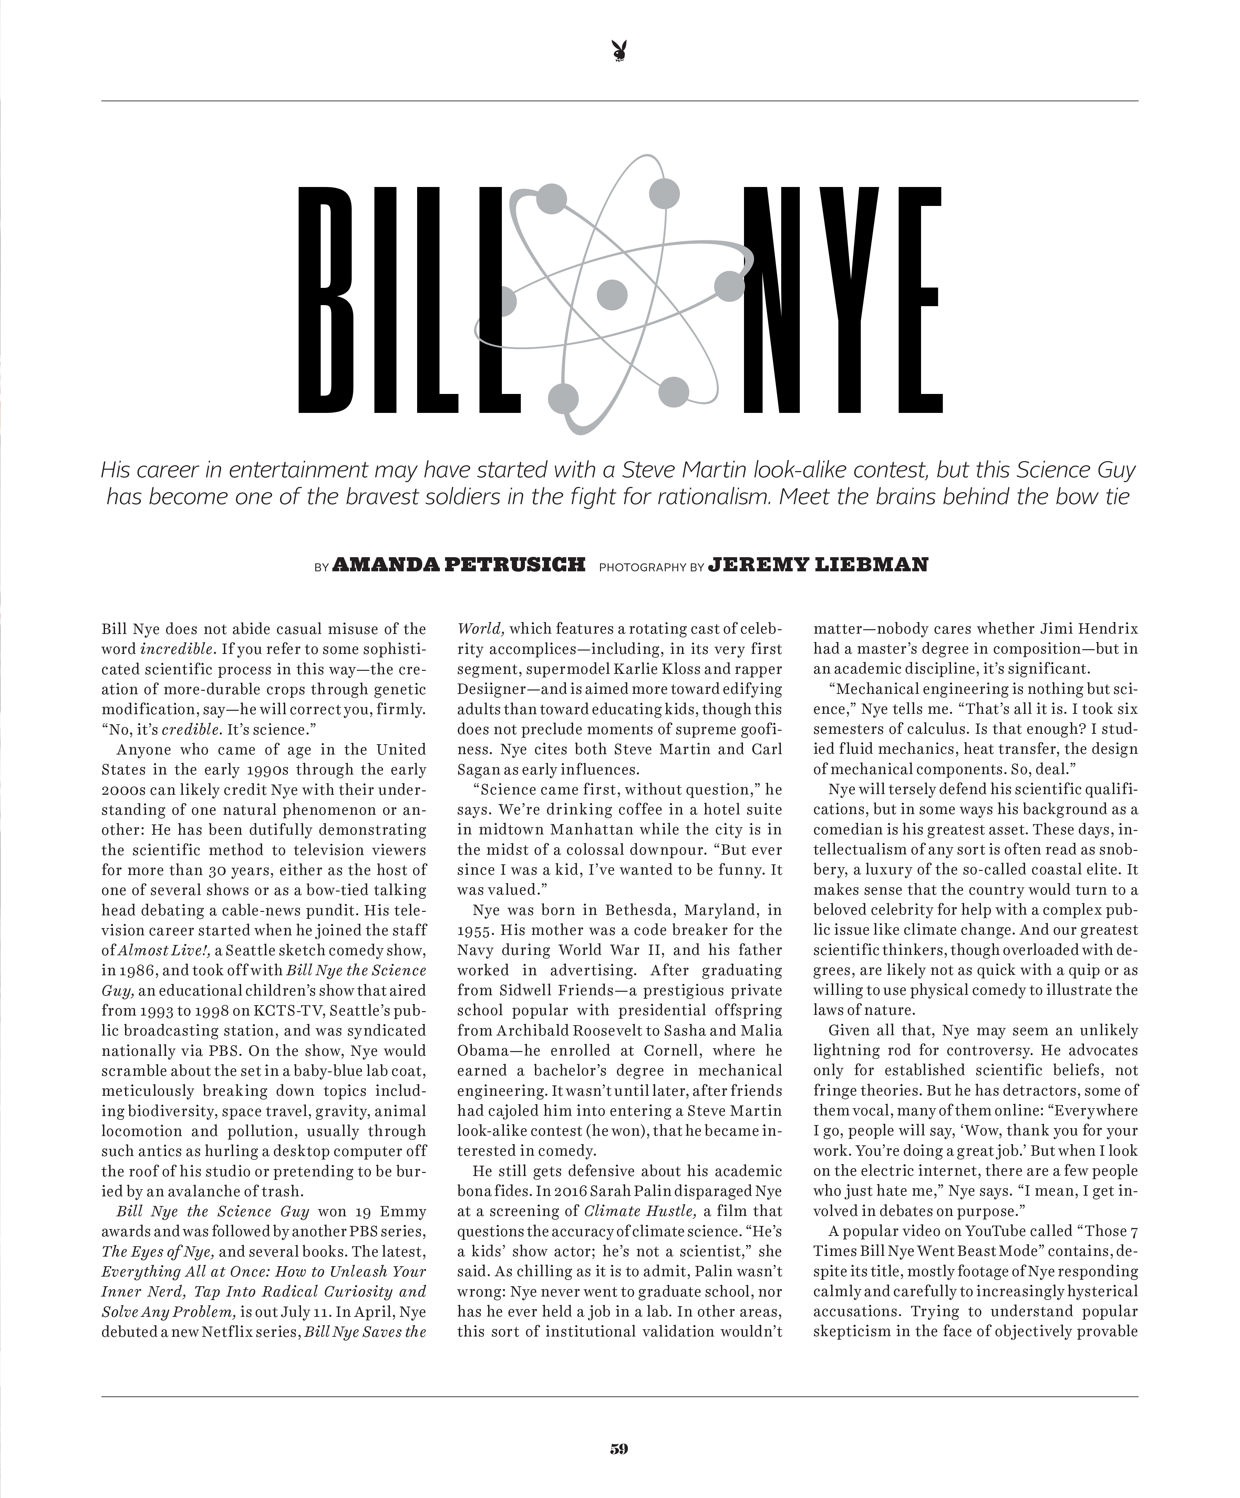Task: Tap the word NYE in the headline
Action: (x=842, y=300)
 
